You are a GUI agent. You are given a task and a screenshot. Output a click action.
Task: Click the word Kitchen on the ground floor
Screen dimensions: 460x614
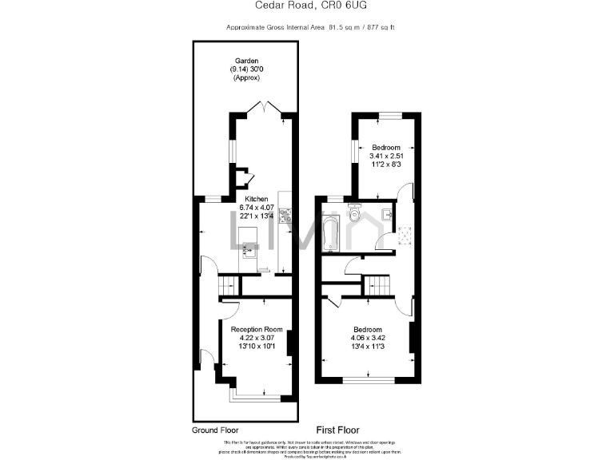click(x=245, y=199)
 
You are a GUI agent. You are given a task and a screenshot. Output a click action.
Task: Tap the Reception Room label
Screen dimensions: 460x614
click(x=257, y=329)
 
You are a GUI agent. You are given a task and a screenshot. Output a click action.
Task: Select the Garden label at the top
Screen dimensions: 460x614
click(x=245, y=61)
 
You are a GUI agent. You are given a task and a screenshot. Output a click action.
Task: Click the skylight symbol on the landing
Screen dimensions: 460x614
click(x=405, y=232)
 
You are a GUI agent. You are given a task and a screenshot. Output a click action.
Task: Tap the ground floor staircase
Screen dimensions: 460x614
click(x=229, y=285)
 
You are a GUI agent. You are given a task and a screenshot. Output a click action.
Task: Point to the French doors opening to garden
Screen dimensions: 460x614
click(x=262, y=108)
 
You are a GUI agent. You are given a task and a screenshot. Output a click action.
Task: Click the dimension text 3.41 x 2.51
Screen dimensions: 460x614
click(x=386, y=155)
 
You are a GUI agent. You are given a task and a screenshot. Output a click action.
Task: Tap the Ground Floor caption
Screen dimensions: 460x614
click(x=215, y=430)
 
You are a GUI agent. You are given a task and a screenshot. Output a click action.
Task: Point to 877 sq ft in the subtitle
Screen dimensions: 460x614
click(x=380, y=28)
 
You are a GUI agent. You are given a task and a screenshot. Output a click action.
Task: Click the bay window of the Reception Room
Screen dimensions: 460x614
click(x=256, y=392)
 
